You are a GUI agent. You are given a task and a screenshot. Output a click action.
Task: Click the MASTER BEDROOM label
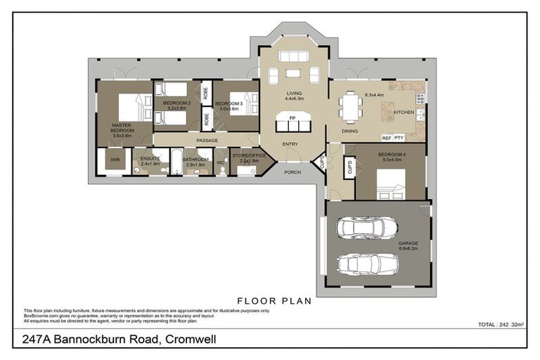[122, 130]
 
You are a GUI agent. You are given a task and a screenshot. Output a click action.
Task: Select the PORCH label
[292, 172]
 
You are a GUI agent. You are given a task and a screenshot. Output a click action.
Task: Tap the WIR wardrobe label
[114, 161]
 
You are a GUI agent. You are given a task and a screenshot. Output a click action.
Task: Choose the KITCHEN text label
[404, 112]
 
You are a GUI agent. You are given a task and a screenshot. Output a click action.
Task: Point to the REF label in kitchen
[386, 138]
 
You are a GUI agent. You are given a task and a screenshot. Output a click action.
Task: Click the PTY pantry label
[399, 138]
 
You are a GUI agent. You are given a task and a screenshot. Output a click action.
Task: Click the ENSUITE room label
[150, 159]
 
